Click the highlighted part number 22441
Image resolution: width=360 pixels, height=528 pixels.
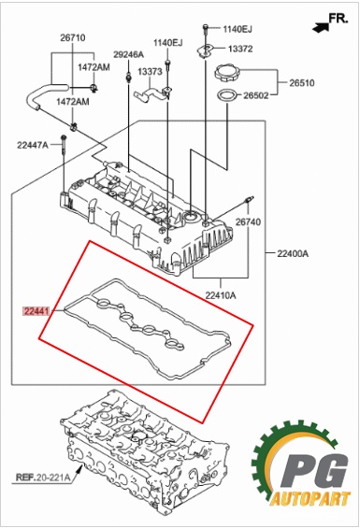tap(36, 311)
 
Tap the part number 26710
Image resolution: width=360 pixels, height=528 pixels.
tap(73, 37)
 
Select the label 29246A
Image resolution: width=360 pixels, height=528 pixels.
tap(128, 54)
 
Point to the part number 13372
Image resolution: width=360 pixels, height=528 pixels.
tap(240, 49)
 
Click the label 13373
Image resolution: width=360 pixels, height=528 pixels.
tap(150, 71)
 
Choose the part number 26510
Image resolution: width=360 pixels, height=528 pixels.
tap(302, 83)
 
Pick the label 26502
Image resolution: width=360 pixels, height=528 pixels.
tap(256, 95)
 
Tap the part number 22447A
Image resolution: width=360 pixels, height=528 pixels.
tap(33, 145)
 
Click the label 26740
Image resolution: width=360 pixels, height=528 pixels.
tap(248, 221)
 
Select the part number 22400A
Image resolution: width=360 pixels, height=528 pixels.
tap(293, 253)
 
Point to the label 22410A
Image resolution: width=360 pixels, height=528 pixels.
tap(221, 295)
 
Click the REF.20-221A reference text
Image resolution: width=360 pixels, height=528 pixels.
tap(43, 478)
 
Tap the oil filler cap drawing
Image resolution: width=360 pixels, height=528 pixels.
tap(227, 73)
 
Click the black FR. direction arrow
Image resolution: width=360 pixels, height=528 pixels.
tap(320, 28)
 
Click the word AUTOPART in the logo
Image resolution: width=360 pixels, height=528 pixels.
tap(310, 499)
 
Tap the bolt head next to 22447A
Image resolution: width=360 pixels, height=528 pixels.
tap(64, 137)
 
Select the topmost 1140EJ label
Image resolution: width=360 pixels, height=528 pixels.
tap(238, 29)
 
